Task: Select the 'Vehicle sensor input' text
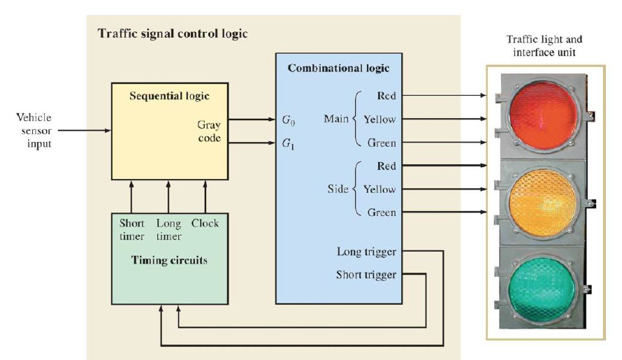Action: (33, 130)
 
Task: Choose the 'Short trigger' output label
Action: (366, 274)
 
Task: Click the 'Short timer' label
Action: (131, 230)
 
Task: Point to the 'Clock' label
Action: (205, 224)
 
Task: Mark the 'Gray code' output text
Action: (208, 131)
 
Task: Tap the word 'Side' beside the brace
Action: (338, 189)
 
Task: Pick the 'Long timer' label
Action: (168, 230)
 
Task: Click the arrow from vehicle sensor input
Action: (84, 130)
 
